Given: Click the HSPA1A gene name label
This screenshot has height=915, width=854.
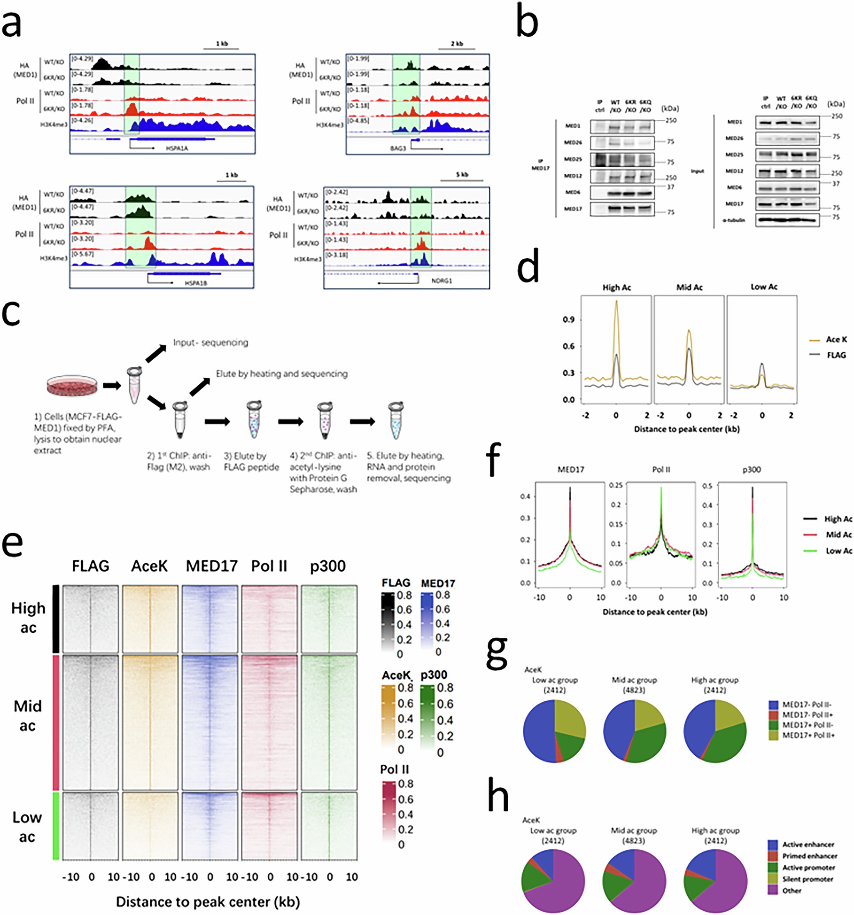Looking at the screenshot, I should click(x=177, y=148).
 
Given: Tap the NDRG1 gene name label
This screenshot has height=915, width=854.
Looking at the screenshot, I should click(x=441, y=281).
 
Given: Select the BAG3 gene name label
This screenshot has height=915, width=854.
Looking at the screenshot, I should click(x=397, y=148).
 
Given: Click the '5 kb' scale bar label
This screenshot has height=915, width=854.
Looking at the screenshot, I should click(x=462, y=175).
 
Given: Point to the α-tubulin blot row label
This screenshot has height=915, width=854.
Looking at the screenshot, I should click(x=734, y=220).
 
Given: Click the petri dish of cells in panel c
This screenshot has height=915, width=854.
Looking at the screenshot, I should click(x=72, y=385).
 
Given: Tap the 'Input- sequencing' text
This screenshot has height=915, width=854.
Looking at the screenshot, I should click(x=210, y=342).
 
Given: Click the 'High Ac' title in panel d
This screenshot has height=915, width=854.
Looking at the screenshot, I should click(x=616, y=287).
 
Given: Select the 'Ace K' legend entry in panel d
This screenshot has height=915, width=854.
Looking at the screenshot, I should click(x=836, y=339).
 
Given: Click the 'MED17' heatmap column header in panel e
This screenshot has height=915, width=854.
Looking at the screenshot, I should click(x=211, y=566).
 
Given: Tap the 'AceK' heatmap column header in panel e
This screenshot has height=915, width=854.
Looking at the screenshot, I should click(x=149, y=566).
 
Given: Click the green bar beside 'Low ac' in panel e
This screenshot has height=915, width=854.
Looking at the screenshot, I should click(x=56, y=826).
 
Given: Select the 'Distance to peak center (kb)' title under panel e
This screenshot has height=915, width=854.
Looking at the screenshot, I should click(x=208, y=902).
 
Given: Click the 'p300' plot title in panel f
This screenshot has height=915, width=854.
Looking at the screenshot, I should click(x=751, y=470).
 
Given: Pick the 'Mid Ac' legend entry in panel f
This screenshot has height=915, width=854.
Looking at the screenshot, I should click(x=838, y=535).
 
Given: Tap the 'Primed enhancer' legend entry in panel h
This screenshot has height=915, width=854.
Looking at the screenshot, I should click(x=809, y=856).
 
